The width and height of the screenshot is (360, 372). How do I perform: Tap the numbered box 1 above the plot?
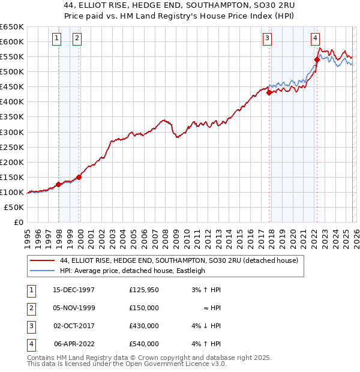pos(56,38)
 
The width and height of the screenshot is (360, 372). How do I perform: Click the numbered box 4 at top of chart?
pos(315,38)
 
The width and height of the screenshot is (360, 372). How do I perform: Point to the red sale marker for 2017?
pos(269,92)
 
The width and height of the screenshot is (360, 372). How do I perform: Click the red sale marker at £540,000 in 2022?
pos(317,59)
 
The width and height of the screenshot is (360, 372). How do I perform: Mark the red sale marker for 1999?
pos(79,176)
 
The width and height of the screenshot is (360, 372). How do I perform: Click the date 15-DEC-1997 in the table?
pos(74,290)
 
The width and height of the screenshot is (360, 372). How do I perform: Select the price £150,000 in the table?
pos(144,308)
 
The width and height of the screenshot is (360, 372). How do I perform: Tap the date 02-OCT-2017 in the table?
pos(74,326)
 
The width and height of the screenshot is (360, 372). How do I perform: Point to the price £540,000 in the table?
pos(144,344)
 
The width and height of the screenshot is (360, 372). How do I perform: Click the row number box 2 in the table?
pos(30,308)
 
